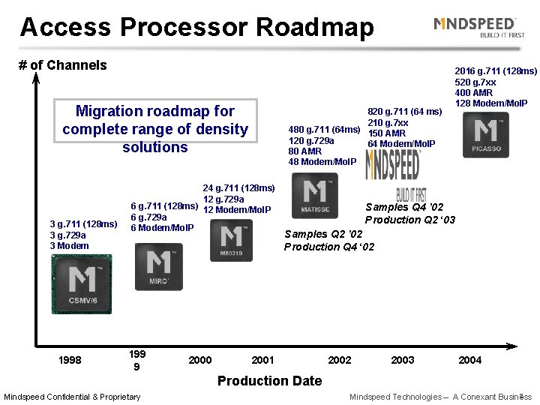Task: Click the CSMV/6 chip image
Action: tap(81, 284)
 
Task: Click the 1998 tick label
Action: tap(71, 360)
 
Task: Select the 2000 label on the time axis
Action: tap(199, 360)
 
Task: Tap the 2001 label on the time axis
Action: tap(262, 360)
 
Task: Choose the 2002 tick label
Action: tap(339, 360)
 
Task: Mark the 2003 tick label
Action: tap(403, 360)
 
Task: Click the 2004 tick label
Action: tap(469, 360)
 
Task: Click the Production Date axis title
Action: tap(269, 380)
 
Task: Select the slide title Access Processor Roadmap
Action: tap(196, 28)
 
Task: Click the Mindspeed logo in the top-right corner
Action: tap(475, 28)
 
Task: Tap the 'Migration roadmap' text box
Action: tap(154, 129)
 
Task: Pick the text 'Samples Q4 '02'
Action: tap(404, 207)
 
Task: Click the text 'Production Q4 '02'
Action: tap(329, 247)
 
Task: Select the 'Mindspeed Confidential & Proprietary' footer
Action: tap(72, 397)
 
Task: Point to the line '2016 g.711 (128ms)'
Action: tap(496, 71)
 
